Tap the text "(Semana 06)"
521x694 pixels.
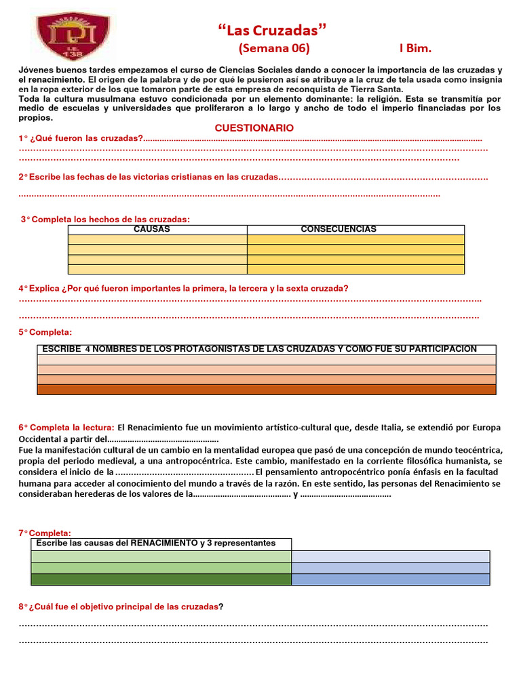(273, 49)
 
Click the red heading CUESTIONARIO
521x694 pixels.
(254, 127)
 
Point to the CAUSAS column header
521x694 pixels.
(152, 230)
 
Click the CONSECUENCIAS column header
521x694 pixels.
(338, 230)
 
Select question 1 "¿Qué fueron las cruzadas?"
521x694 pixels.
(81, 138)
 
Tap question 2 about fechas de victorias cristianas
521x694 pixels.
(149, 177)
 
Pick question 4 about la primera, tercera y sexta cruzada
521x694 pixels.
(183, 288)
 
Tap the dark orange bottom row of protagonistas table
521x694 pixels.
(267, 389)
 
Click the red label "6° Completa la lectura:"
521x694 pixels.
(66, 428)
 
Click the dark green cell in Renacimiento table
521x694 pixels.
(161, 579)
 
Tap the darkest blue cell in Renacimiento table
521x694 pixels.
(390, 579)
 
